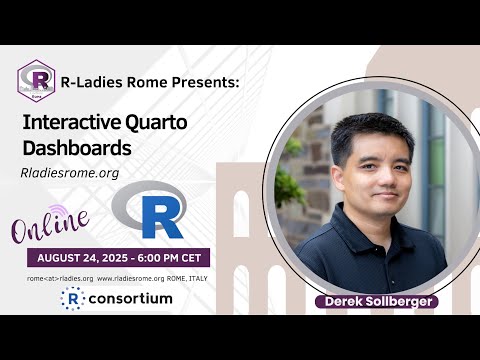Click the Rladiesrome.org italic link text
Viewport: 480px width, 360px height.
(70, 172)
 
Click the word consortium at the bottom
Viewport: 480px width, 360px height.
(130, 298)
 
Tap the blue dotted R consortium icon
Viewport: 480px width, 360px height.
(71, 298)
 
